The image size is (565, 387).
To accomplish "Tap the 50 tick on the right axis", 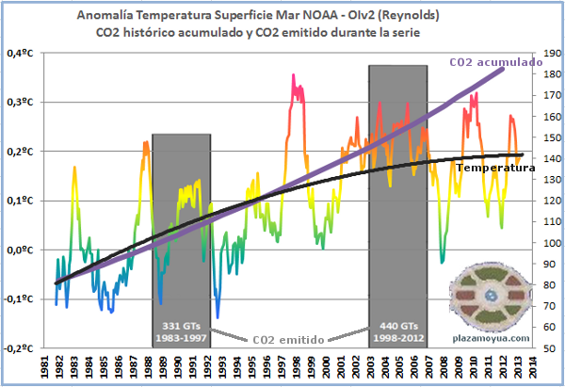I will [x=541, y=348].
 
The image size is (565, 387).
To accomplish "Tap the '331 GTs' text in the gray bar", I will [x=182, y=323].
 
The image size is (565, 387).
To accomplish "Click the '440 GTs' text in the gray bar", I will [x=398, y=323].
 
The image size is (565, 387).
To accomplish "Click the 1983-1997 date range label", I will [x=182, y=336].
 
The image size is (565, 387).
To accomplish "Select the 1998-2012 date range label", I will [x=398, y=336].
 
